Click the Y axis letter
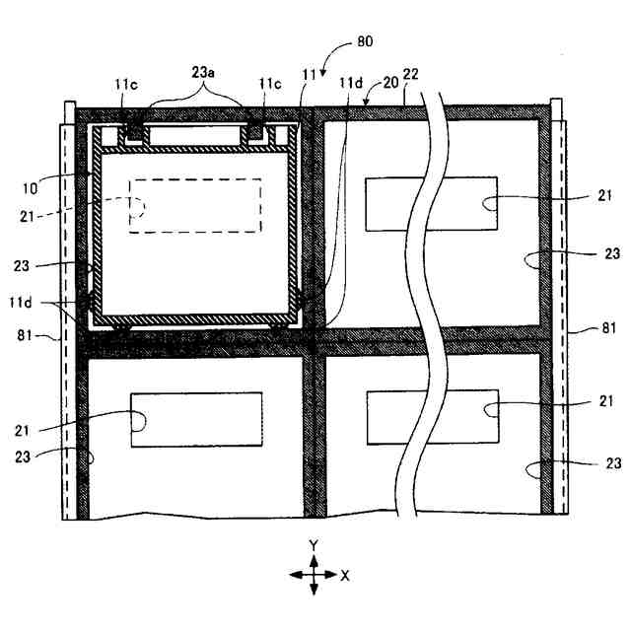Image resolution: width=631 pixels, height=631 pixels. (313, 545)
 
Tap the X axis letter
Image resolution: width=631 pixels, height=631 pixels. (345, 576)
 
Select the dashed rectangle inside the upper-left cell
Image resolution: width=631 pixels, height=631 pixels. (195, 206)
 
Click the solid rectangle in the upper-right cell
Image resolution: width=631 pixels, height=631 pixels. (431, 203)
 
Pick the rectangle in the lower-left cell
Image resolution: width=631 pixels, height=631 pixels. (196, 420)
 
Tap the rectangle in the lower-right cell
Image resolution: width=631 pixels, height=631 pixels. (431, 416)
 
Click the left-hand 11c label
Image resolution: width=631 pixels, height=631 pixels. (127, 86)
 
